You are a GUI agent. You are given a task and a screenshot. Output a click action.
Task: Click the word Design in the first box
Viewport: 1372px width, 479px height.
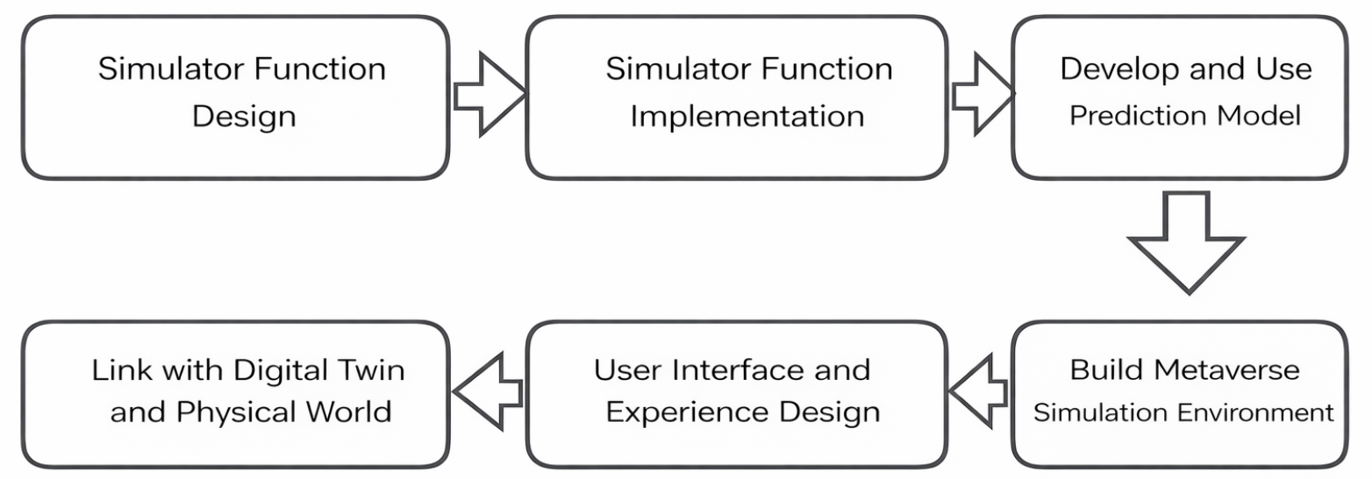tap(243, 116)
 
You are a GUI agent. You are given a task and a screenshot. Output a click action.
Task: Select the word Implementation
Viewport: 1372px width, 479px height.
tap(747, 116)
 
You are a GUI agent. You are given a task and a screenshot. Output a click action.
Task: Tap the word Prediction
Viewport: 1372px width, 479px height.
tap(1124, 116)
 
